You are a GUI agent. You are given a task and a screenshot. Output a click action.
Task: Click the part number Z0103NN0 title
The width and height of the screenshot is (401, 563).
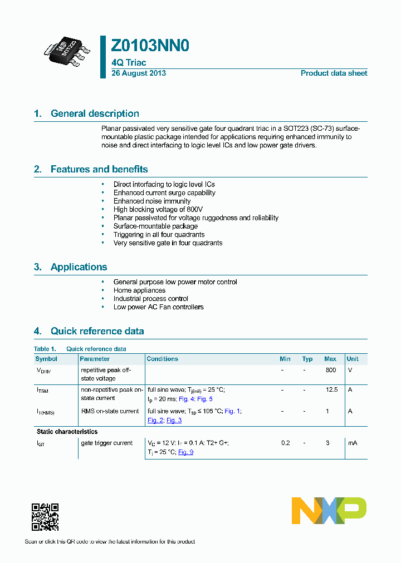tap(150, 46)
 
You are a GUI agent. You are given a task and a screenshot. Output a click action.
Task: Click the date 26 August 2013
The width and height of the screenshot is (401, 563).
tap(139, 73)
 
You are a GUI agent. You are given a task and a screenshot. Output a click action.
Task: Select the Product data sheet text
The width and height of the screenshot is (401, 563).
tap(334, 73)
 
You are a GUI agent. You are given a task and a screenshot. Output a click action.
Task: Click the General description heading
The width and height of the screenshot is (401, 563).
tap(95, 113)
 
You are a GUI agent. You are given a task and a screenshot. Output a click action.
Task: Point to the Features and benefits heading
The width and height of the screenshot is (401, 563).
tap(99, 169)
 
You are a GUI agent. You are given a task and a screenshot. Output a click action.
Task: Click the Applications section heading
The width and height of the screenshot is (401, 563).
tap(79, 267)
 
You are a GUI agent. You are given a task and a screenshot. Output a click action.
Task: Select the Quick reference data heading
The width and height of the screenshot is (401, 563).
tap(97, 331)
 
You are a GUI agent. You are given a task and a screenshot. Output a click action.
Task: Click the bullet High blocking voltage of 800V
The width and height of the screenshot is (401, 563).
tap(158, 209)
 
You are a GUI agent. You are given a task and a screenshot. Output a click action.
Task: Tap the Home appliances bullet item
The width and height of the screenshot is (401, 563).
tap(139, 290)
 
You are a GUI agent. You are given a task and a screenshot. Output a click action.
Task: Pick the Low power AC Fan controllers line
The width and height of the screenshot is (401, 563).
tap(158, 307)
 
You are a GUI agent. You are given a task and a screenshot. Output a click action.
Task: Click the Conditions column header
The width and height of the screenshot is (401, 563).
tap(162, 359)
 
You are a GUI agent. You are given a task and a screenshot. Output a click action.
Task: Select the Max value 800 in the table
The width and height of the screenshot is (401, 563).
tap(330, 370)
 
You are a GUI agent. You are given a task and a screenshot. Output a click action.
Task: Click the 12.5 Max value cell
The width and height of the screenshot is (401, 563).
tap(331, 389)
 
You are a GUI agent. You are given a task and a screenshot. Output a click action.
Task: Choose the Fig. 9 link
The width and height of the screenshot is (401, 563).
tap(185, 452)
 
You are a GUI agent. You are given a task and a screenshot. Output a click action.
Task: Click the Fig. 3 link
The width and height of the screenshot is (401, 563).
tap(174, 420)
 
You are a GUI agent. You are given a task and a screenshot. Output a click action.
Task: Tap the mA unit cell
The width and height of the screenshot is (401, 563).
tap(352, 443)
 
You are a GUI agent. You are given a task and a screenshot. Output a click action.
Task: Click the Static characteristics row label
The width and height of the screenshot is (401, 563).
tap(67, 432)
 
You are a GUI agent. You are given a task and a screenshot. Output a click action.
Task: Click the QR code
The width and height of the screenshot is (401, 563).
tap(45, 517)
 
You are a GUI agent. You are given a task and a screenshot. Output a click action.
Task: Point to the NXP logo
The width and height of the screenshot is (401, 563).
tap(329, 511)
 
